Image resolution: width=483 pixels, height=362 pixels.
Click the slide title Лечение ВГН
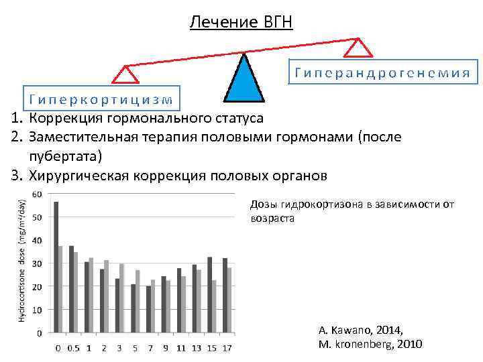241,22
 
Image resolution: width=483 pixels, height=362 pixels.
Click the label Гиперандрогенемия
380,72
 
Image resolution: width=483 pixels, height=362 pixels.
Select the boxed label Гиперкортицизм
101,99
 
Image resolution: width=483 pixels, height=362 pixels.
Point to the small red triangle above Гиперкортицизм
125,74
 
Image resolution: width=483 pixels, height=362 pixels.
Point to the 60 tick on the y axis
38,194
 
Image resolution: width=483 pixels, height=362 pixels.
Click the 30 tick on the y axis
38,263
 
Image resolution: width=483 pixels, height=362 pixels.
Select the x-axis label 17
227,348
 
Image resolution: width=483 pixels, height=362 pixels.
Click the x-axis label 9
165,348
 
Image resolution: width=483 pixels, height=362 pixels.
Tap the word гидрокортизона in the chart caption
319,204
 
